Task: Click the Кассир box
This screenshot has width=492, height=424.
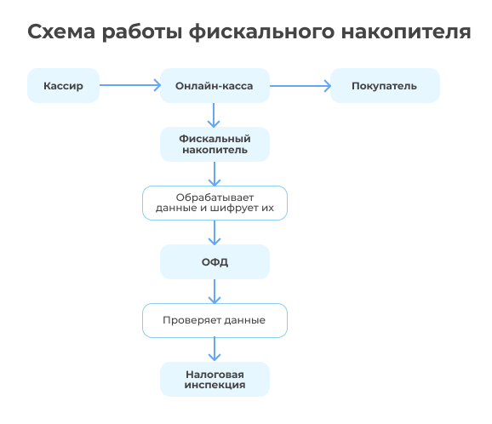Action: [63, 85]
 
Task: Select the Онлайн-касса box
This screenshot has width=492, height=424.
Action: [215, 85]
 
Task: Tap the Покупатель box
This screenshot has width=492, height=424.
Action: [385, 85]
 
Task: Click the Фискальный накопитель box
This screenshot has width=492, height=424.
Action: [215, 145]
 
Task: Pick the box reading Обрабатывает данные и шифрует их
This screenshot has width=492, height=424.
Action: [215, 203]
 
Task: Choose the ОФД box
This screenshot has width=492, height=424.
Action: [215, 261]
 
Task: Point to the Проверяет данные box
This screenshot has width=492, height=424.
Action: [215, 320]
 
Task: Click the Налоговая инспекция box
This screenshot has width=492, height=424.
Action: [215, 379]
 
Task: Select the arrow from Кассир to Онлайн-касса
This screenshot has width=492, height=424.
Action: [130, 85]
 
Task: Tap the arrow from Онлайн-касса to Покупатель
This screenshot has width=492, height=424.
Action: [300, 86]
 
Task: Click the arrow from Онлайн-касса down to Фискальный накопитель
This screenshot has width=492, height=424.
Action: [214, 115]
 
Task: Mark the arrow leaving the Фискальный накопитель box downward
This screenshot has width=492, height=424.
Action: [215, 174]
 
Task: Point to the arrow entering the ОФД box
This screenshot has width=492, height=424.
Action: [215, 232]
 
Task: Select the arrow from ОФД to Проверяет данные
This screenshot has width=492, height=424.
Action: [215, 291]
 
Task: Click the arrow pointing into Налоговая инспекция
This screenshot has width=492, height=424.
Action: [215, 349]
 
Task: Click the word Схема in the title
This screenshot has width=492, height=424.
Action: [61, 32]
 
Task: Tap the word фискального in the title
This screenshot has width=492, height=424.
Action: [261, 32]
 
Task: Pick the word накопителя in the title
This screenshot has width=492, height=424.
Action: [406, 32]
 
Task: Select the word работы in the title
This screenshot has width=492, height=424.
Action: [142, 32]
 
